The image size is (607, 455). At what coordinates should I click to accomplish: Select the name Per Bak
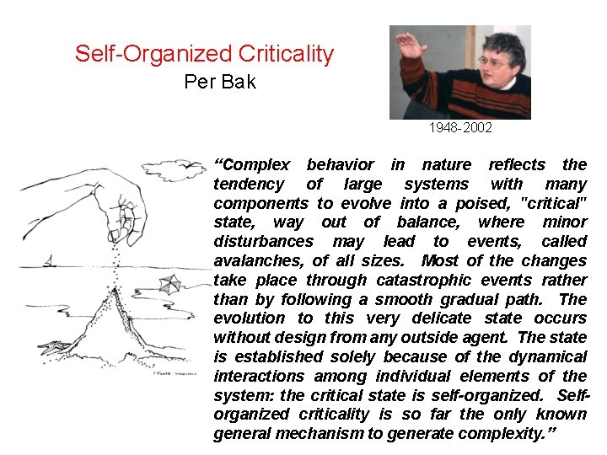(x=219, y=82)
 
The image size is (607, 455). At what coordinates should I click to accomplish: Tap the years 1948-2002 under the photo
(x=459, y=129)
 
